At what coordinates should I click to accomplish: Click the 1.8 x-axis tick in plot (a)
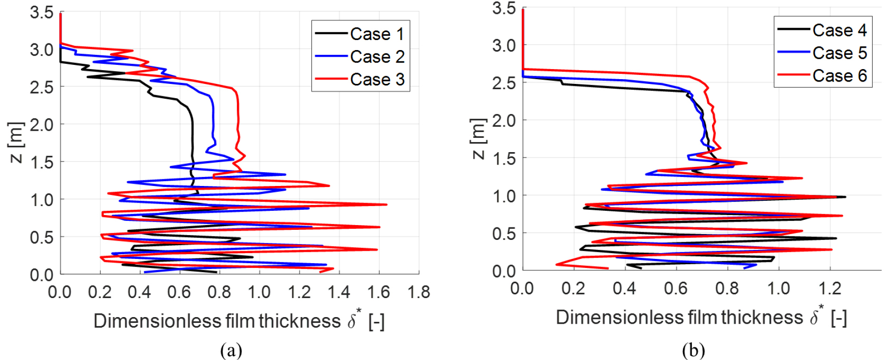pos(419,292)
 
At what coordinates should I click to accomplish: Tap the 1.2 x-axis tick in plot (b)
pos(830,288)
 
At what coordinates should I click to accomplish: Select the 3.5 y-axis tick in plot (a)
pos(41,12)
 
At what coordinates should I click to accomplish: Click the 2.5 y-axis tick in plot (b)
pos(504,82)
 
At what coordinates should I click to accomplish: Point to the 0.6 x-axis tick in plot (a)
pos(179,292)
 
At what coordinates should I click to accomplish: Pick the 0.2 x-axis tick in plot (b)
pos(573,288)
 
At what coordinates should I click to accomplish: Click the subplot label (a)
pos(231,350)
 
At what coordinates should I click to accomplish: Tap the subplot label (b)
pos(693,350)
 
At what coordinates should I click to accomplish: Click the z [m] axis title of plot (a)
pos(16,142)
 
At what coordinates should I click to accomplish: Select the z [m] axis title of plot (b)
pos(478,138)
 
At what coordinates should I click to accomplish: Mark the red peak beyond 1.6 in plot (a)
pos(386,205)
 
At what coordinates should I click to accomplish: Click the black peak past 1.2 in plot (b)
pos(845,197)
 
